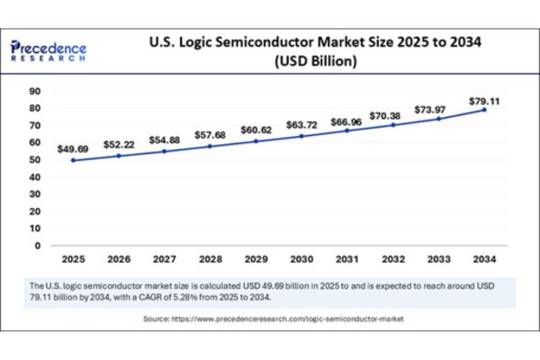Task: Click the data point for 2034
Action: coord(485,110)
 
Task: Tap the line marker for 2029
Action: coord(256,141)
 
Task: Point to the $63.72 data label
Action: coord(301,123)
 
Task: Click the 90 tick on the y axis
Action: coord(37,91)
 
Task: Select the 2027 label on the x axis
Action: coord(165,259)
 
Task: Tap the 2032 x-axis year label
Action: coord(393,259)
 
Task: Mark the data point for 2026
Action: coord(119,156)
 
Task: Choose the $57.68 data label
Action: coord(210,132)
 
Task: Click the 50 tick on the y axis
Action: coord(37,159)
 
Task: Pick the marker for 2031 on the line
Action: coord(347,130)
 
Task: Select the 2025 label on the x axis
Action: coord(73,259)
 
